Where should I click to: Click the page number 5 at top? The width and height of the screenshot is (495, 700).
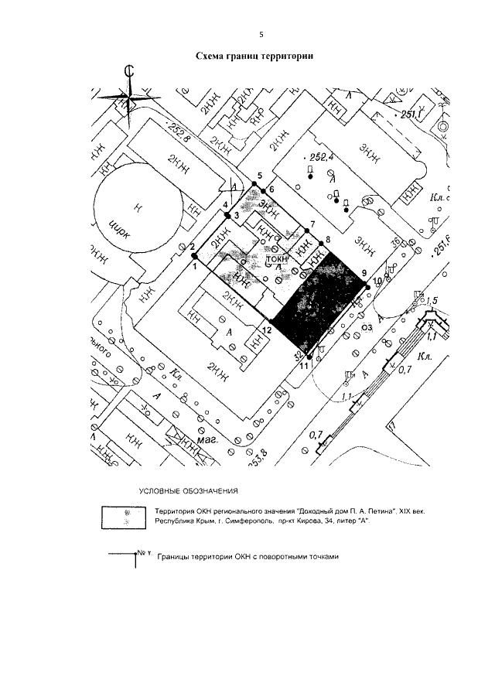261,33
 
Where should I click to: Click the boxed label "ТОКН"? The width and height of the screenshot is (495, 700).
277,261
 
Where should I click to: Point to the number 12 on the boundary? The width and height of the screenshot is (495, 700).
266,331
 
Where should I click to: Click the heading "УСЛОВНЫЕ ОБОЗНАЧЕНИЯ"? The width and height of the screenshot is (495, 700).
189,491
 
